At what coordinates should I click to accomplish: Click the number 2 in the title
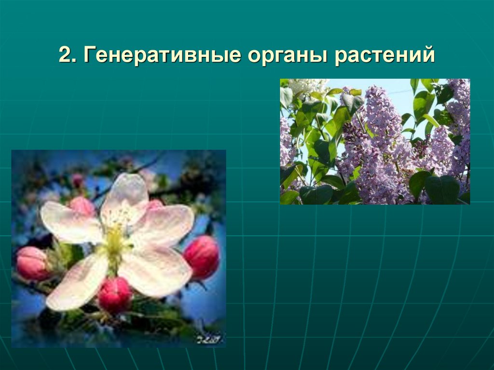(x=64, y=55)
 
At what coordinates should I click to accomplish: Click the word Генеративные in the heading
(x=163, y=55)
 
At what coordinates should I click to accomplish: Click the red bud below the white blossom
(x=115, y=295)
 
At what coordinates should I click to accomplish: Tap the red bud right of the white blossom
(x=202, y=256)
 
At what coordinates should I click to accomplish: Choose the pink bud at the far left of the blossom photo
(x=31, y=262)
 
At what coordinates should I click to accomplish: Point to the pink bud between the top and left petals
(x=82, y=206)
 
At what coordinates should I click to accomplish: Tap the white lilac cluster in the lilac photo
(x=306, y=86)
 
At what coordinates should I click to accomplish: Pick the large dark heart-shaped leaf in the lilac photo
(x=441, y=189)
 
